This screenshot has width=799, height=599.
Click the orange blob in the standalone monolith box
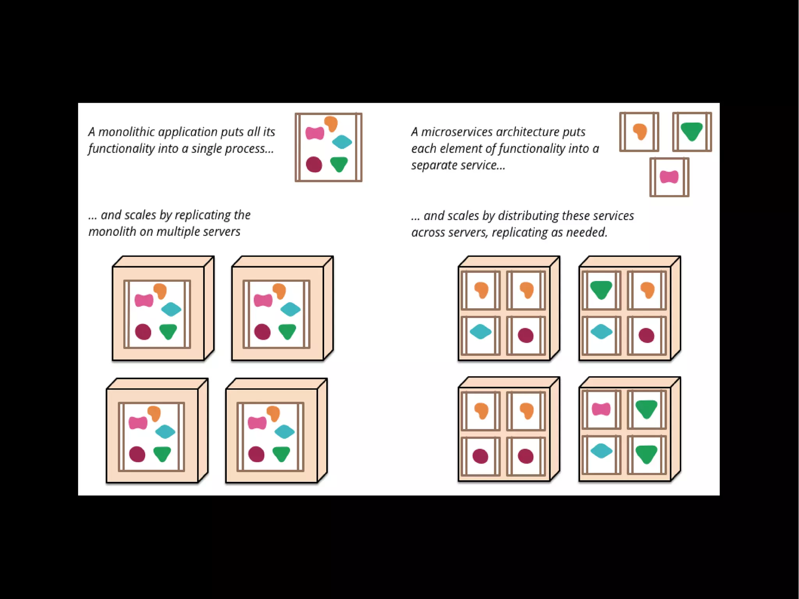tap(331, 124)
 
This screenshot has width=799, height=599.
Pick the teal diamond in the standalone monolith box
tap(342, 142)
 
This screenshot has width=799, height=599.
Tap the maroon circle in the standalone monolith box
tap(314, 164)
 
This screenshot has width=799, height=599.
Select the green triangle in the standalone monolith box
tap(339, 164)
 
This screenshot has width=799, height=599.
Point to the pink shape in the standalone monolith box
tap(314, 133)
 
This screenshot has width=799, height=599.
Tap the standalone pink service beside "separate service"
tap(669, 177)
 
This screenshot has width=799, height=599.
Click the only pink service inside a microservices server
tap(601, 409)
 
